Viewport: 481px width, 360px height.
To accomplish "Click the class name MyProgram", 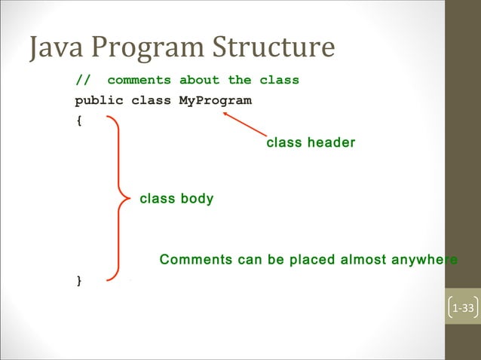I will point(215,100).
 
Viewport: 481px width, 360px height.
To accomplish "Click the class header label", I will point(311,142).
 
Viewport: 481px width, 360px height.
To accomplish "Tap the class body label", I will point(176,199).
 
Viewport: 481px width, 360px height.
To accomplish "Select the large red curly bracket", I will point(119,199).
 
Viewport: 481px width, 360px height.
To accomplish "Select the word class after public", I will point(151,100).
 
